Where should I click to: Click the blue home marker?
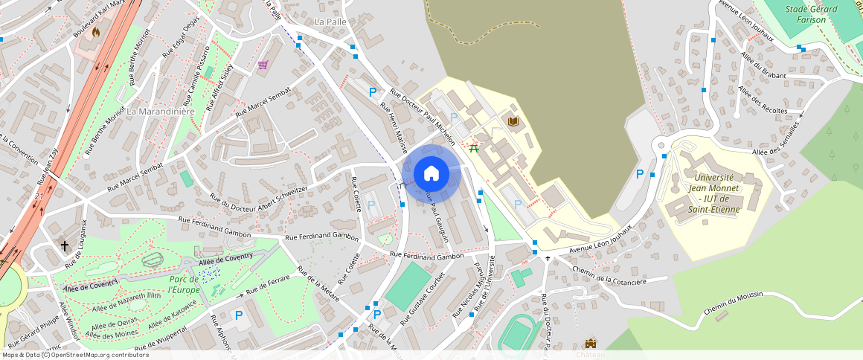point(431,174)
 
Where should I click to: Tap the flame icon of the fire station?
point(95,32)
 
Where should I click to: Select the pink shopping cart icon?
point(263,65)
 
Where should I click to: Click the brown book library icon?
point(513,120)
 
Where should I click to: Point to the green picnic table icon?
point(473,147)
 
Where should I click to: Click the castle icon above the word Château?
point(591,344)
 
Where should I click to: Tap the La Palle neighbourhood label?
point(331,22)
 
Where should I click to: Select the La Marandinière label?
point(160,112)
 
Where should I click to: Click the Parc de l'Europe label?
point(184,284)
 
